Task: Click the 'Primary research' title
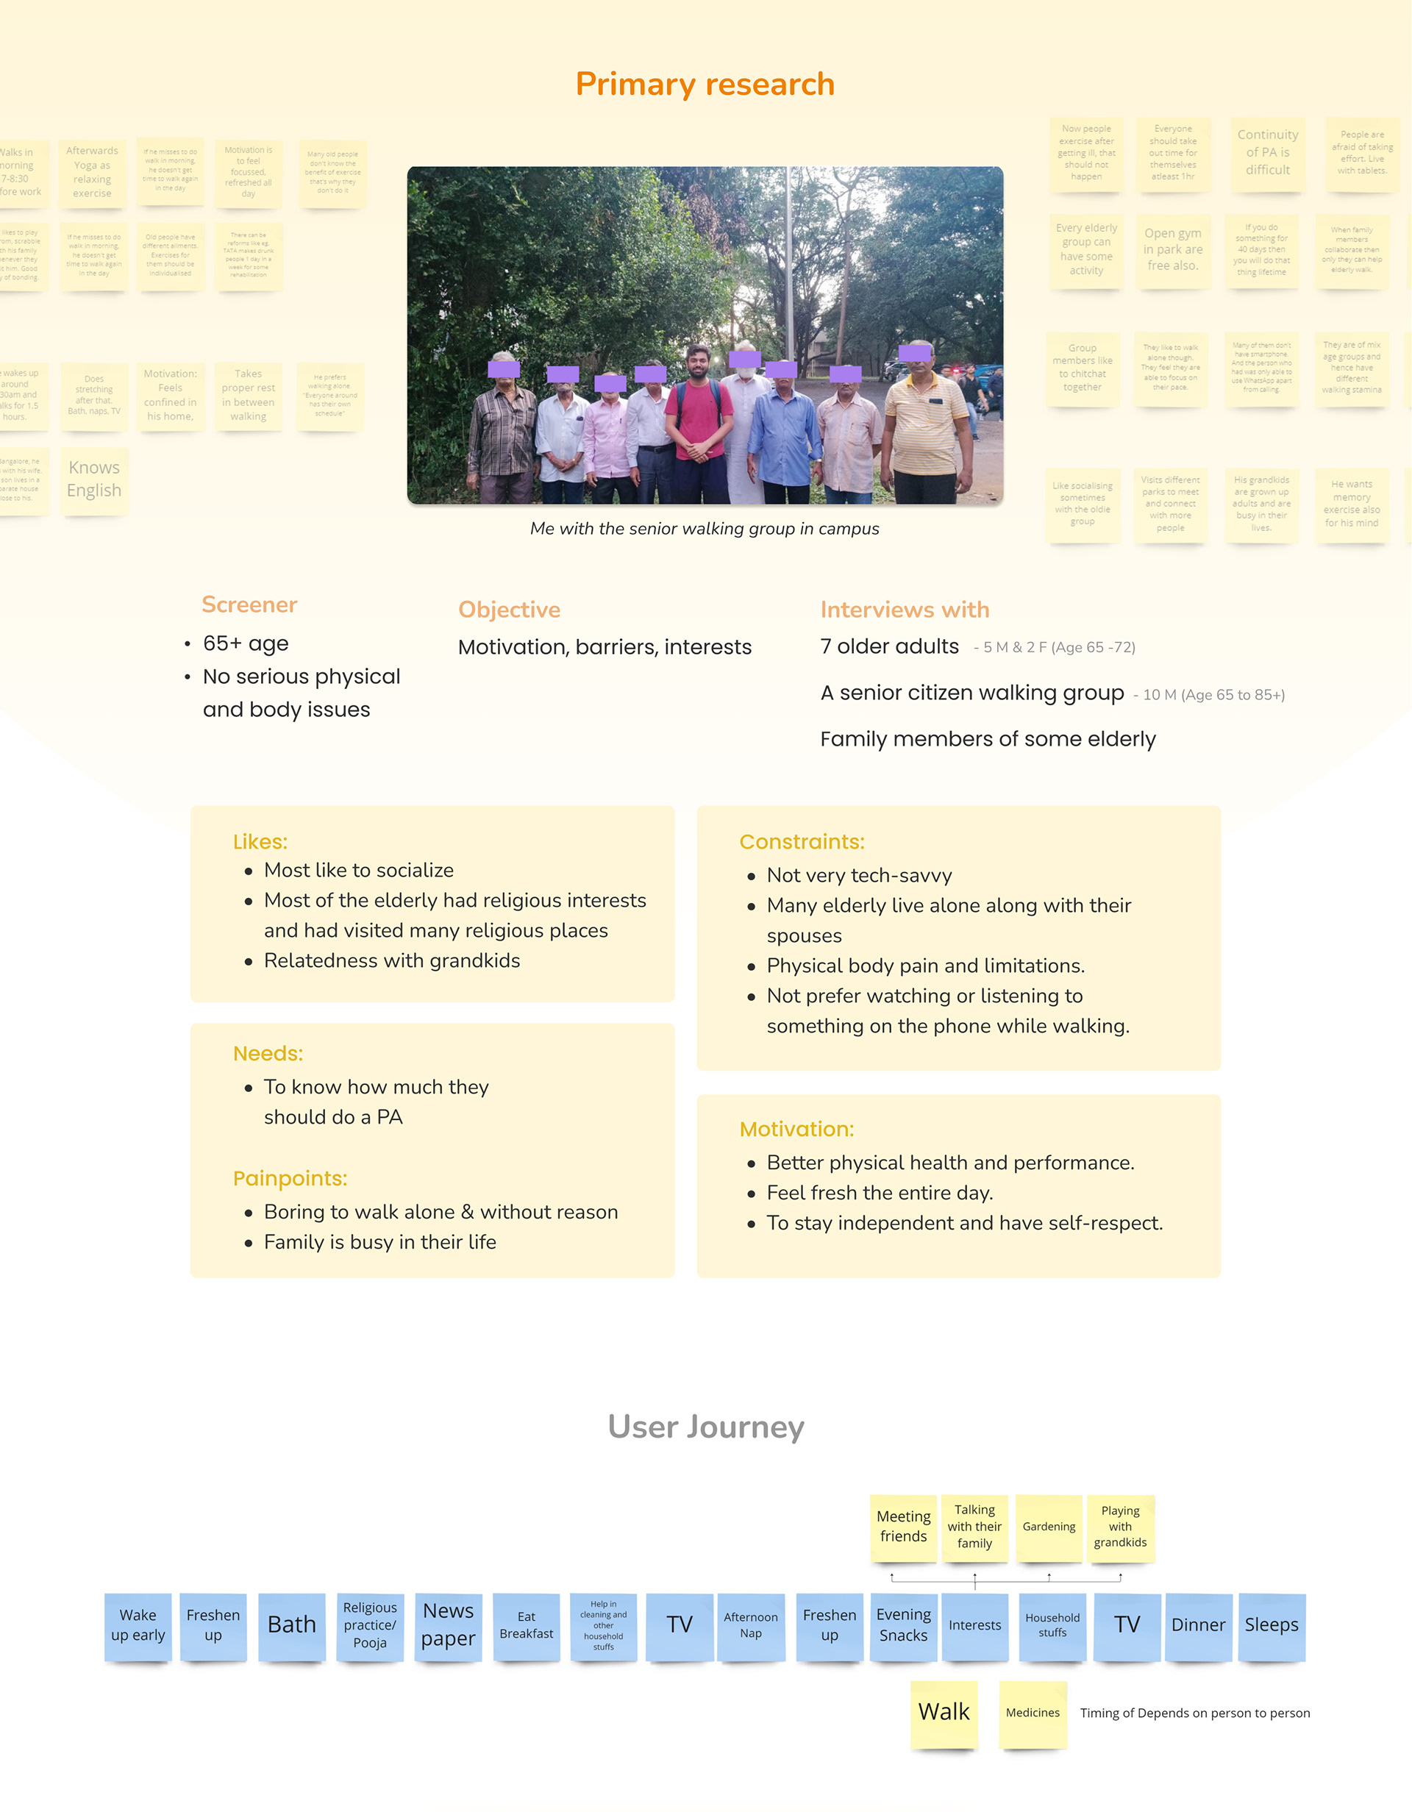pos(705,85)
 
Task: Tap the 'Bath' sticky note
pos(291,1624)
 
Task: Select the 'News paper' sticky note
pos(448,1624)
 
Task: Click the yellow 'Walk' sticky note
pos(944,1713)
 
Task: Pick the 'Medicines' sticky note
pos(1032,1713)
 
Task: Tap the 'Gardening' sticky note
pos(1049,1527)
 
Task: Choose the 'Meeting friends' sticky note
pos(903,1527)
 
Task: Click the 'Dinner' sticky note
pos(1198,1624)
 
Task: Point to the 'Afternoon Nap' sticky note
pos(751,1624)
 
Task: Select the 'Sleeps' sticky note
pos(1271,1624)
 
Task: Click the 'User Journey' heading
pos(706,1427)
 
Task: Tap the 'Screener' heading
pos(249,604)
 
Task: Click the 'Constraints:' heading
pos(802,842)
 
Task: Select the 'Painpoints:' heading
pos(290,1178)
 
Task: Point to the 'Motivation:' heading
pos(796,1129)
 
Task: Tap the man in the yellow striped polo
pos(924,427)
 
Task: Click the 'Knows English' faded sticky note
pos(93,479)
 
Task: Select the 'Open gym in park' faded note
pos(1172,250)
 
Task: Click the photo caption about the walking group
pos(705,529)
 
